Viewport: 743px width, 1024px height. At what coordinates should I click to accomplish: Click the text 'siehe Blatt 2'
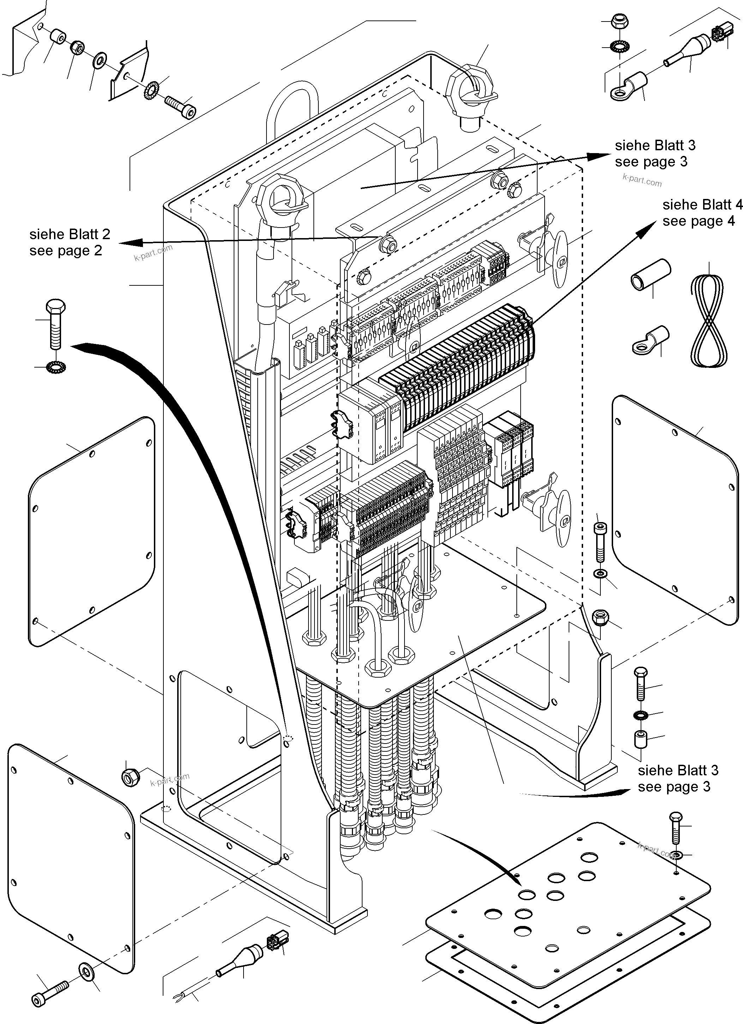click(x=70, y=234)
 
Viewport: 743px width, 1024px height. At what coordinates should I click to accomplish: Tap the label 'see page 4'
click(x=698, y=221)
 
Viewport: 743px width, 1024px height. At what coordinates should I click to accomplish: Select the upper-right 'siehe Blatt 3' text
click(x=654, y=145)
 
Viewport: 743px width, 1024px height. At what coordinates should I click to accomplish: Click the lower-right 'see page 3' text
click(x=673, y=787)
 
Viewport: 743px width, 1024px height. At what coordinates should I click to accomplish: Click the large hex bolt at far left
click(x=55, y=323)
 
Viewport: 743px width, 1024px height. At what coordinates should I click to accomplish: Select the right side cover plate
click(x=675, y=510)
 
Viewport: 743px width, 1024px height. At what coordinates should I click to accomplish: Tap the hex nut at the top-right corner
click(x=617, y=21)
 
